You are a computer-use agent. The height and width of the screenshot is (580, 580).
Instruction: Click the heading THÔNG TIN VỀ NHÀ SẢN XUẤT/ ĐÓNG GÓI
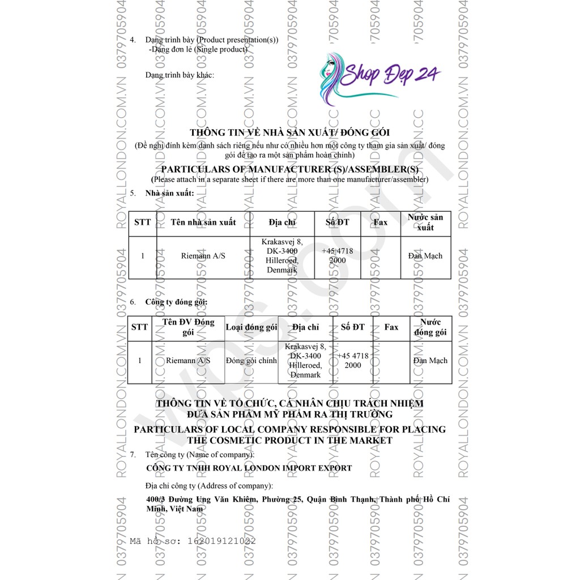pos(289,133)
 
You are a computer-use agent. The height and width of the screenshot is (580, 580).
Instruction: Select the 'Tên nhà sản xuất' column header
pos(203,222)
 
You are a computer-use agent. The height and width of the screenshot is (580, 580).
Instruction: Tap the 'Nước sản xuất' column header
pos(425,222)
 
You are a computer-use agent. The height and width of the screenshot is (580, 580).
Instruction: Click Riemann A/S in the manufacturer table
pos(203,256)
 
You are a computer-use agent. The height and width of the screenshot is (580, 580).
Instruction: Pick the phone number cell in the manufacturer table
pos(338,256)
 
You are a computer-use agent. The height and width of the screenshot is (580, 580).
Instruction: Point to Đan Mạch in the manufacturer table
pos(425,256)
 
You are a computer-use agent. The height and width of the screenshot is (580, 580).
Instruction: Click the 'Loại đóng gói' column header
pos(251,327)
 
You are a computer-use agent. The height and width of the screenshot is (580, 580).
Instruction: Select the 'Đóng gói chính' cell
pos(251,361)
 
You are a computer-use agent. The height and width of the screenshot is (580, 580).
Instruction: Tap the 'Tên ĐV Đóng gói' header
pos(189,327)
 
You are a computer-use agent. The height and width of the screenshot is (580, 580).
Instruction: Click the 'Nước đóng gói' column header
pos(430,327)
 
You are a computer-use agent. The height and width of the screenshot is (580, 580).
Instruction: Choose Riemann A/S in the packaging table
pos(189,361)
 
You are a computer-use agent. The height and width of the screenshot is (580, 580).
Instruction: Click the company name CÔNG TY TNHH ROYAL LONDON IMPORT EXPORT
pos(249,468)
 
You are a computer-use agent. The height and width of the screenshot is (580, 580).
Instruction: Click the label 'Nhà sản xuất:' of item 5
pos(169,193)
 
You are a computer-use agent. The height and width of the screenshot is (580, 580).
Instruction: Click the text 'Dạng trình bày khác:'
pos(180,75)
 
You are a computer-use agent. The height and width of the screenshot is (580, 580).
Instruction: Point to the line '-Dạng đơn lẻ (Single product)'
pos(198,49)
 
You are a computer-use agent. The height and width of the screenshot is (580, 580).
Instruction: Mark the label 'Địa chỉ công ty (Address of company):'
pos(208,486)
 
